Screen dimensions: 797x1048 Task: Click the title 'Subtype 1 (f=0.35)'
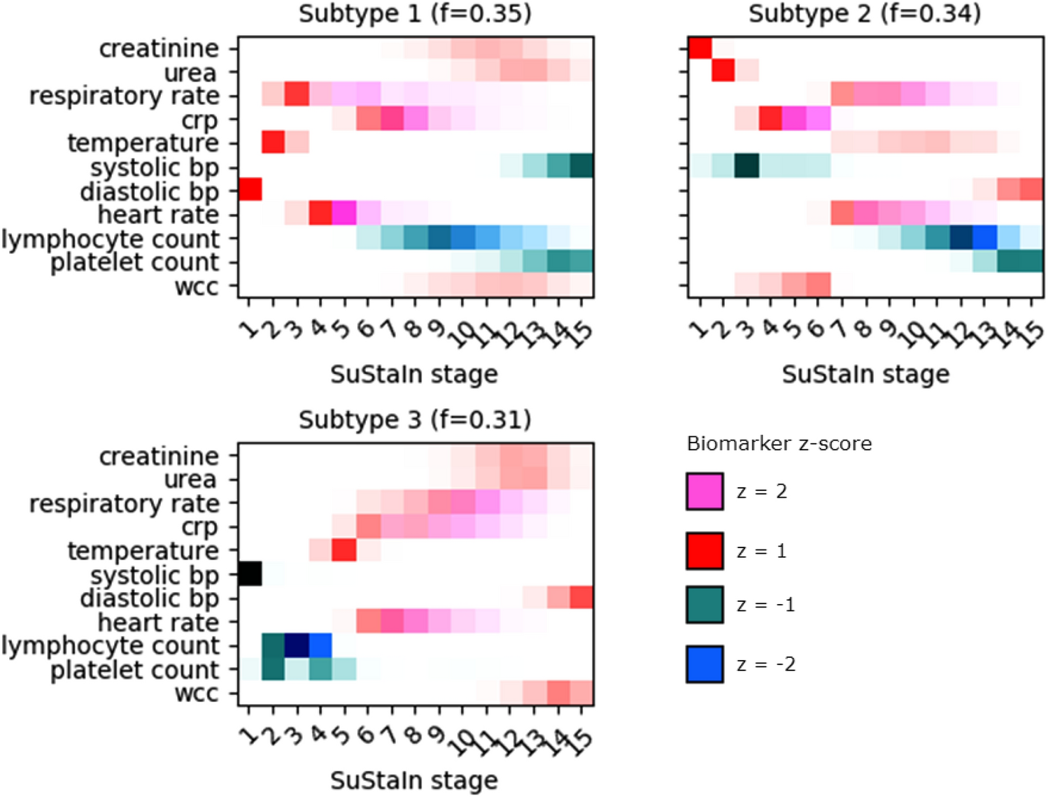[x=415, y=13]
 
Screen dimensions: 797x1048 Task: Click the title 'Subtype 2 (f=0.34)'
[x=865, y=13]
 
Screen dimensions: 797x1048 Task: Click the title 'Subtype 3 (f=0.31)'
[x=415, y=419]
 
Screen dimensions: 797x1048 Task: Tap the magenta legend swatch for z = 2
[x=704, y=491]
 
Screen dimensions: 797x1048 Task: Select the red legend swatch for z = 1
[x=704, y=551]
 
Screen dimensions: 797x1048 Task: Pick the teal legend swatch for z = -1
[x=704, y=605]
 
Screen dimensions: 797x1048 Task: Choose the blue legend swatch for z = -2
[x=704, y=664]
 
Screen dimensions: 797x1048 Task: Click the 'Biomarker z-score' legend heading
[x=779, y=444]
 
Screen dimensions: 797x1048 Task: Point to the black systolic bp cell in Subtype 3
[x=250, y=574]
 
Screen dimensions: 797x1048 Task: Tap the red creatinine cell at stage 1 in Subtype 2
[x=700, y=48]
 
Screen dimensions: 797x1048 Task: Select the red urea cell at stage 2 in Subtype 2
[x=724, y=71]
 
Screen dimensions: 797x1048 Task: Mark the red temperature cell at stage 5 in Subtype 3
[x=344, y=550]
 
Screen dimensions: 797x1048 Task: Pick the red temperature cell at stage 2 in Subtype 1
[x=274, y=143]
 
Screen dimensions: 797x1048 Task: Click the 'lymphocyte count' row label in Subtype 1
[x=111, y=239]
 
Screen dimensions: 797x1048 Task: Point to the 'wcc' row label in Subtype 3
[x=197, y=694]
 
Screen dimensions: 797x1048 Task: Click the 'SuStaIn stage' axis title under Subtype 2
[x=865, y=375]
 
